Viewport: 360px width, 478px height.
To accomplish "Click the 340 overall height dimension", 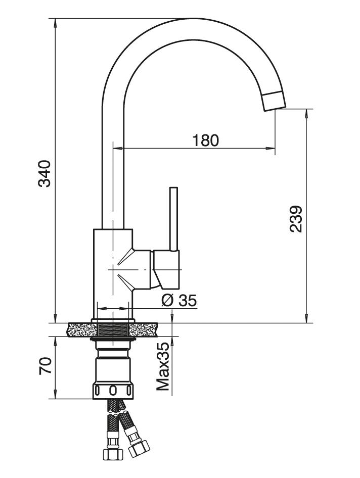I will click(45, 173).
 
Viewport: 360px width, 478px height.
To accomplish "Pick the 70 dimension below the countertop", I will click(45, 365).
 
